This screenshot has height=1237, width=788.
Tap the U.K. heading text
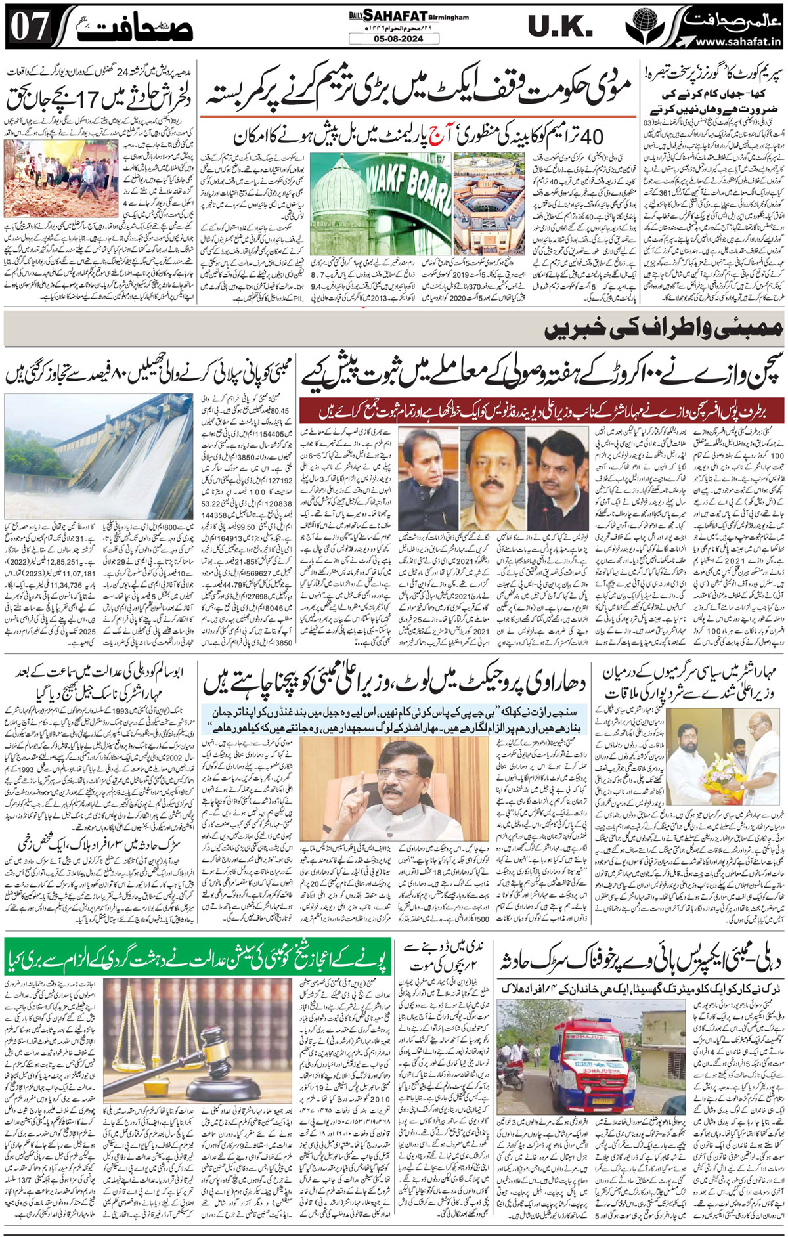560,27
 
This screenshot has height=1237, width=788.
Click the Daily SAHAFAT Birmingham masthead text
407,16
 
